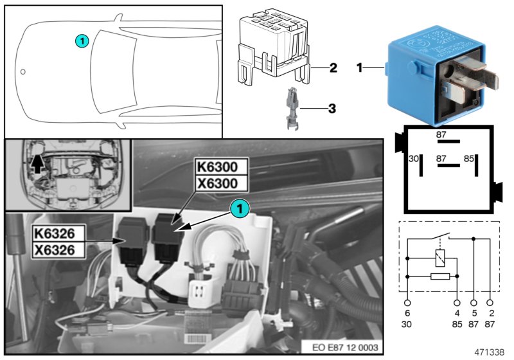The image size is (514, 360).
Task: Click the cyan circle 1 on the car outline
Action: pyautogui.click(x=81, y=40)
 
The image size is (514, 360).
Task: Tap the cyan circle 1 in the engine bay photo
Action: pyautogui.click(x=238, y=208)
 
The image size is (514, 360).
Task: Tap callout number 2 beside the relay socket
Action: pyautogui.click(x=332, y=67)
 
